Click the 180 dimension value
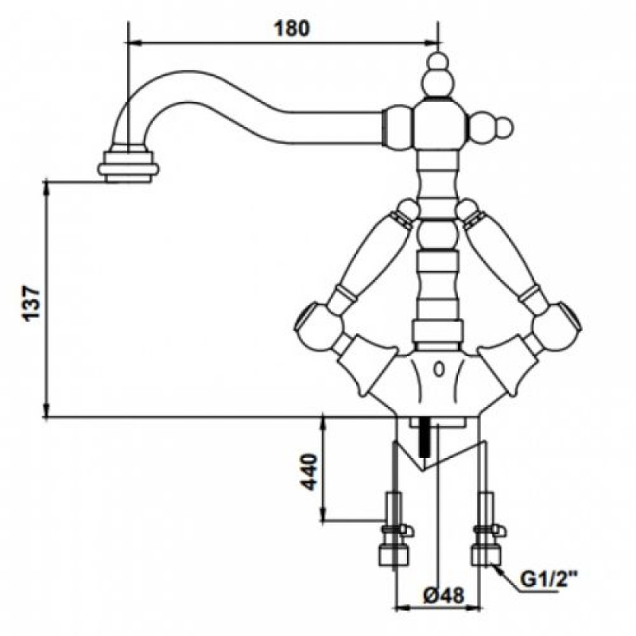[292, 29]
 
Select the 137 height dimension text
[32, 304]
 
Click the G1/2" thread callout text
[549, 580]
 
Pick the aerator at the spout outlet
[128, 166]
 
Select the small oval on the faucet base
[439, 370]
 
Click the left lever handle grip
[376, 254]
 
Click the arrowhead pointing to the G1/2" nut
[499, 571]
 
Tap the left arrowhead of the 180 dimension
[134, 42]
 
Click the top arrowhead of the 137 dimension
[47, 188]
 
